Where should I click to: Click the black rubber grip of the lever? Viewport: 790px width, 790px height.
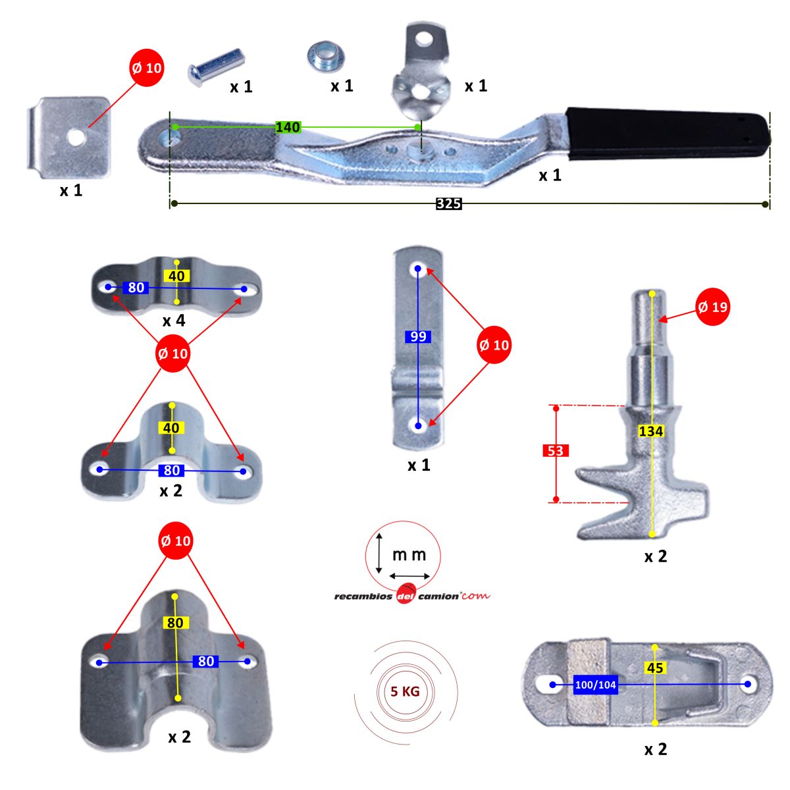point(668,133)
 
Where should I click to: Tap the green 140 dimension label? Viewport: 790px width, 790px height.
point(288,127)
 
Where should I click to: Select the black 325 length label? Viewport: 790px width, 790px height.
point(448,203)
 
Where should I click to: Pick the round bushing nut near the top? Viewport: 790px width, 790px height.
point(326,57)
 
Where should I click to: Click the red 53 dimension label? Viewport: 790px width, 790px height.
point(556,451)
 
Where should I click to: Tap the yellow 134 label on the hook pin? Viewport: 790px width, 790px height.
point(651,431)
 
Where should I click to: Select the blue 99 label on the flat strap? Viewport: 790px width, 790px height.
point(418,336)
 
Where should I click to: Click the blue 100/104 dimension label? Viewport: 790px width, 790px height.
point(596,685)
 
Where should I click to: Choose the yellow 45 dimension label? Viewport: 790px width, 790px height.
point(655,668)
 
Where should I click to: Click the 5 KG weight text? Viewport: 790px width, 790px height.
point(405,692)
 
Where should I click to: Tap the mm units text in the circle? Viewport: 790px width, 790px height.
point(409,555)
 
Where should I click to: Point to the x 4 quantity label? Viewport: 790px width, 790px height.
point(174,320)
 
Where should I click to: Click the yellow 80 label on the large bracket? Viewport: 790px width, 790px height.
point(176,623)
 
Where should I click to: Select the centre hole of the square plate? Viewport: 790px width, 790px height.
point(76,138)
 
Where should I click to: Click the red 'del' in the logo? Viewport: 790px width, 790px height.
point(406,596)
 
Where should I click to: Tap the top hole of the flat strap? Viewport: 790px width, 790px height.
point(418,269)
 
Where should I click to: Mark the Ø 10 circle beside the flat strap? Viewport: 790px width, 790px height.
point(494,345)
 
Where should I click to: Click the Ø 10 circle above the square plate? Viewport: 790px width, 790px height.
point(147,68)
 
